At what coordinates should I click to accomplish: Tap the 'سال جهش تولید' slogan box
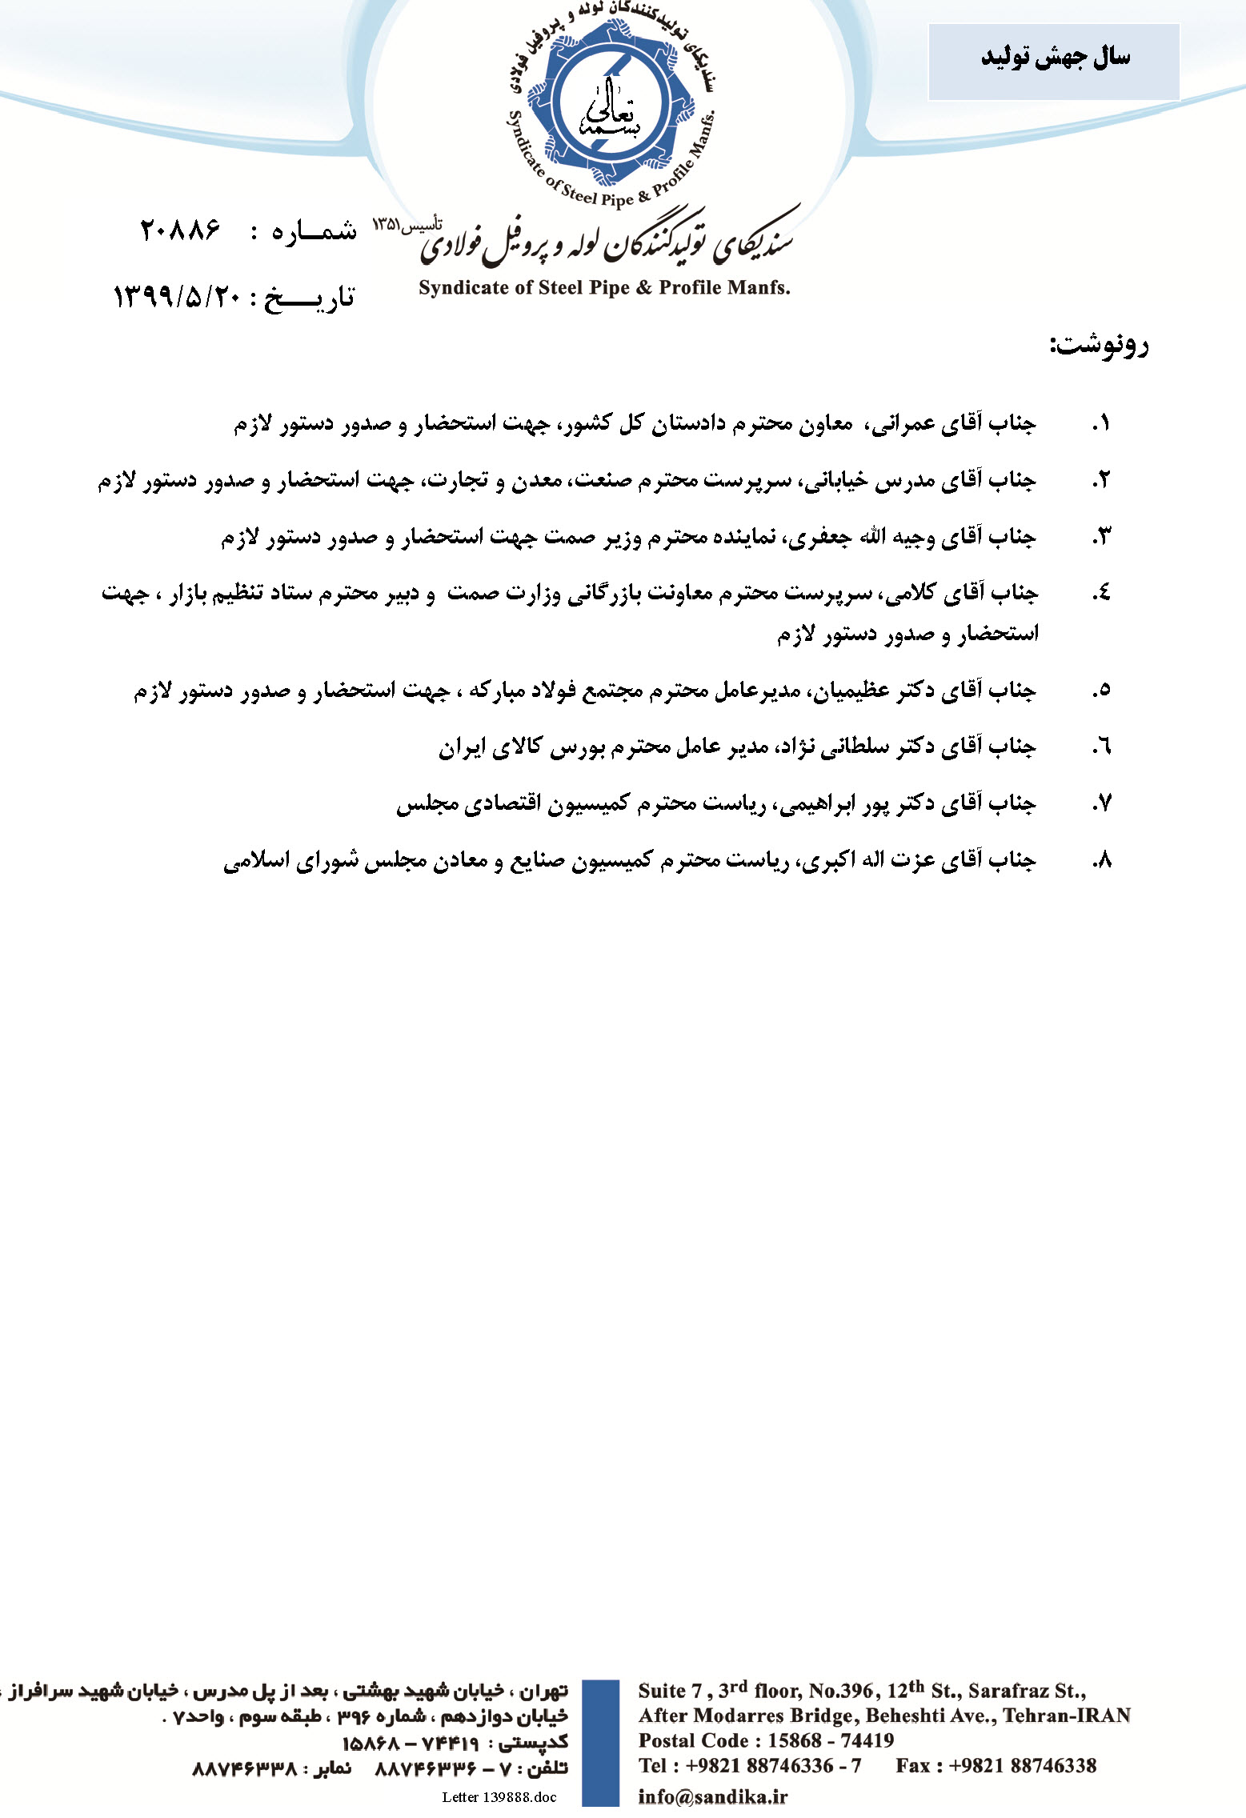[x=1053, y=61]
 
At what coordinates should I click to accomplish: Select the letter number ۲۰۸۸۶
[x=180, y=230]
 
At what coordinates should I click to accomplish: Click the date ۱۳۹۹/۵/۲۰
[x=178, y=297]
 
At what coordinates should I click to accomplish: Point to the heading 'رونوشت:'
[x=1099, y=345]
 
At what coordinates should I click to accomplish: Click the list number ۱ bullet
[x=1101, y=423]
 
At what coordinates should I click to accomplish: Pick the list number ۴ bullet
[x=1101, y=594]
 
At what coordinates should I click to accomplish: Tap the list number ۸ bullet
[x=1101, y=860]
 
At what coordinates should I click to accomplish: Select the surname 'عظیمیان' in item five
[x=852, y=690]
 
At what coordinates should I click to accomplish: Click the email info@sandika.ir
[x=712, y=1796]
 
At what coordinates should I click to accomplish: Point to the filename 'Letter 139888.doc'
[x=499, y=1797]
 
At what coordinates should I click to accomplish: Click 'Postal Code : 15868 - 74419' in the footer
[x=766, y=1740]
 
